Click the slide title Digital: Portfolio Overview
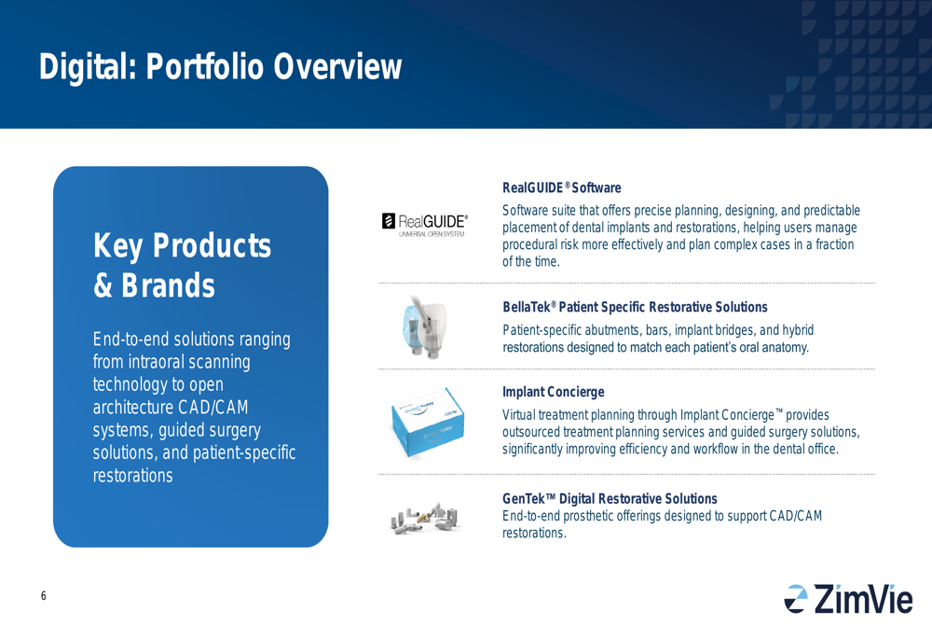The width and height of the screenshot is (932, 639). (220, 66)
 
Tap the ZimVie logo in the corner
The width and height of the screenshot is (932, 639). (848, 599)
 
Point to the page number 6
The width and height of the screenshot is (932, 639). (44, 595)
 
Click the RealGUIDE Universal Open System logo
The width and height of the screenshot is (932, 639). (424, 225)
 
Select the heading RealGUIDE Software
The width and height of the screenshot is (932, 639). (562, 188)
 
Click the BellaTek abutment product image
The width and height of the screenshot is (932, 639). (422, 327)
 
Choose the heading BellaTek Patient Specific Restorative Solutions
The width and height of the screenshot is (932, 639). (635, 307)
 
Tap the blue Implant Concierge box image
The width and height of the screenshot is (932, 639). (428, 423)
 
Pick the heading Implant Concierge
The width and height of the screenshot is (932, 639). (554, 392)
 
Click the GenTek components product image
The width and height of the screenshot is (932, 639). (424, 518)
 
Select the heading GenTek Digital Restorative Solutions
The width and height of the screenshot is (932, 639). (610, 498)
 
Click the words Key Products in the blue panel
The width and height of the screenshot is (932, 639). (182, 245)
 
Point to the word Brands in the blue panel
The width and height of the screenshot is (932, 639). (168, 285)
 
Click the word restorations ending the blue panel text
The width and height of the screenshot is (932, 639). (132, 476)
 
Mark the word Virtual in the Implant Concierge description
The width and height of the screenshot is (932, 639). (522, 415)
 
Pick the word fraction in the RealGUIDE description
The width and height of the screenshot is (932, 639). (834, 244)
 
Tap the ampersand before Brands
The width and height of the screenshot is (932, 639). (103, 285)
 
